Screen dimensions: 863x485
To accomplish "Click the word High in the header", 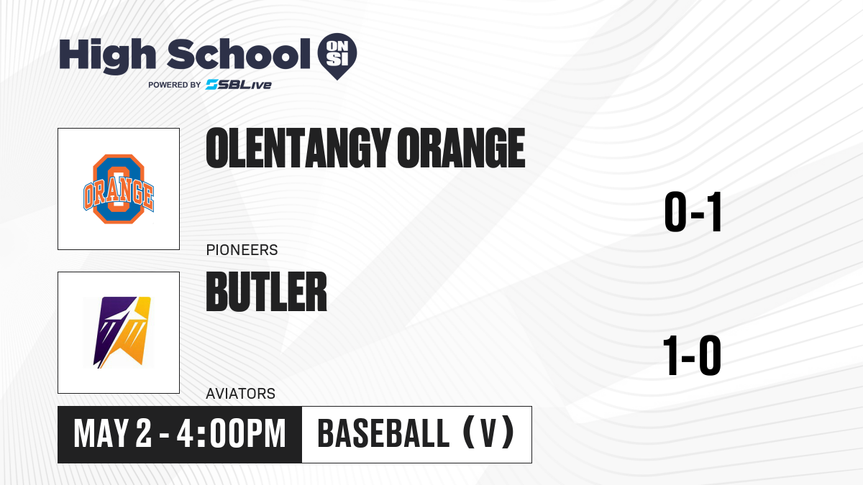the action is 107,56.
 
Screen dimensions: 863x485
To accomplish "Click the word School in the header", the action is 239,55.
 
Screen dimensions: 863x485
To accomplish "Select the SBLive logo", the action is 239,85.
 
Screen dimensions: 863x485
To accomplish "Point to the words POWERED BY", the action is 175,85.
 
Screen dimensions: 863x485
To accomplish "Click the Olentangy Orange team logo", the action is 119,189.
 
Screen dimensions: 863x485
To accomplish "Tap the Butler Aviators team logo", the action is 119,333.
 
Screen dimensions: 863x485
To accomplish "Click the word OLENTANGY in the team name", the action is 298,148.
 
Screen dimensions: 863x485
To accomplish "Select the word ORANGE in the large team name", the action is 461,148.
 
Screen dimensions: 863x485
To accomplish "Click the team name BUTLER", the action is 266,292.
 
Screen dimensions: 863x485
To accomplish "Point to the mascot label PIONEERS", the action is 242,250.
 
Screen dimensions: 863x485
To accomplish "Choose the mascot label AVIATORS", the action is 241,394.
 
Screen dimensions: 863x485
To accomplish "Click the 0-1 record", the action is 693,212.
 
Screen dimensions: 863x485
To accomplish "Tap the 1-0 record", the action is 692,356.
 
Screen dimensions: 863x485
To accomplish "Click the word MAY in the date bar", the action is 100,434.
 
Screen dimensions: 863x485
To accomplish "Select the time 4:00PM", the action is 231,434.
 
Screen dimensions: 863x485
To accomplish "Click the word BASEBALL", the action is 383,434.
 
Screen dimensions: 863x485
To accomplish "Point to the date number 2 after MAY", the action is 144,434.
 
